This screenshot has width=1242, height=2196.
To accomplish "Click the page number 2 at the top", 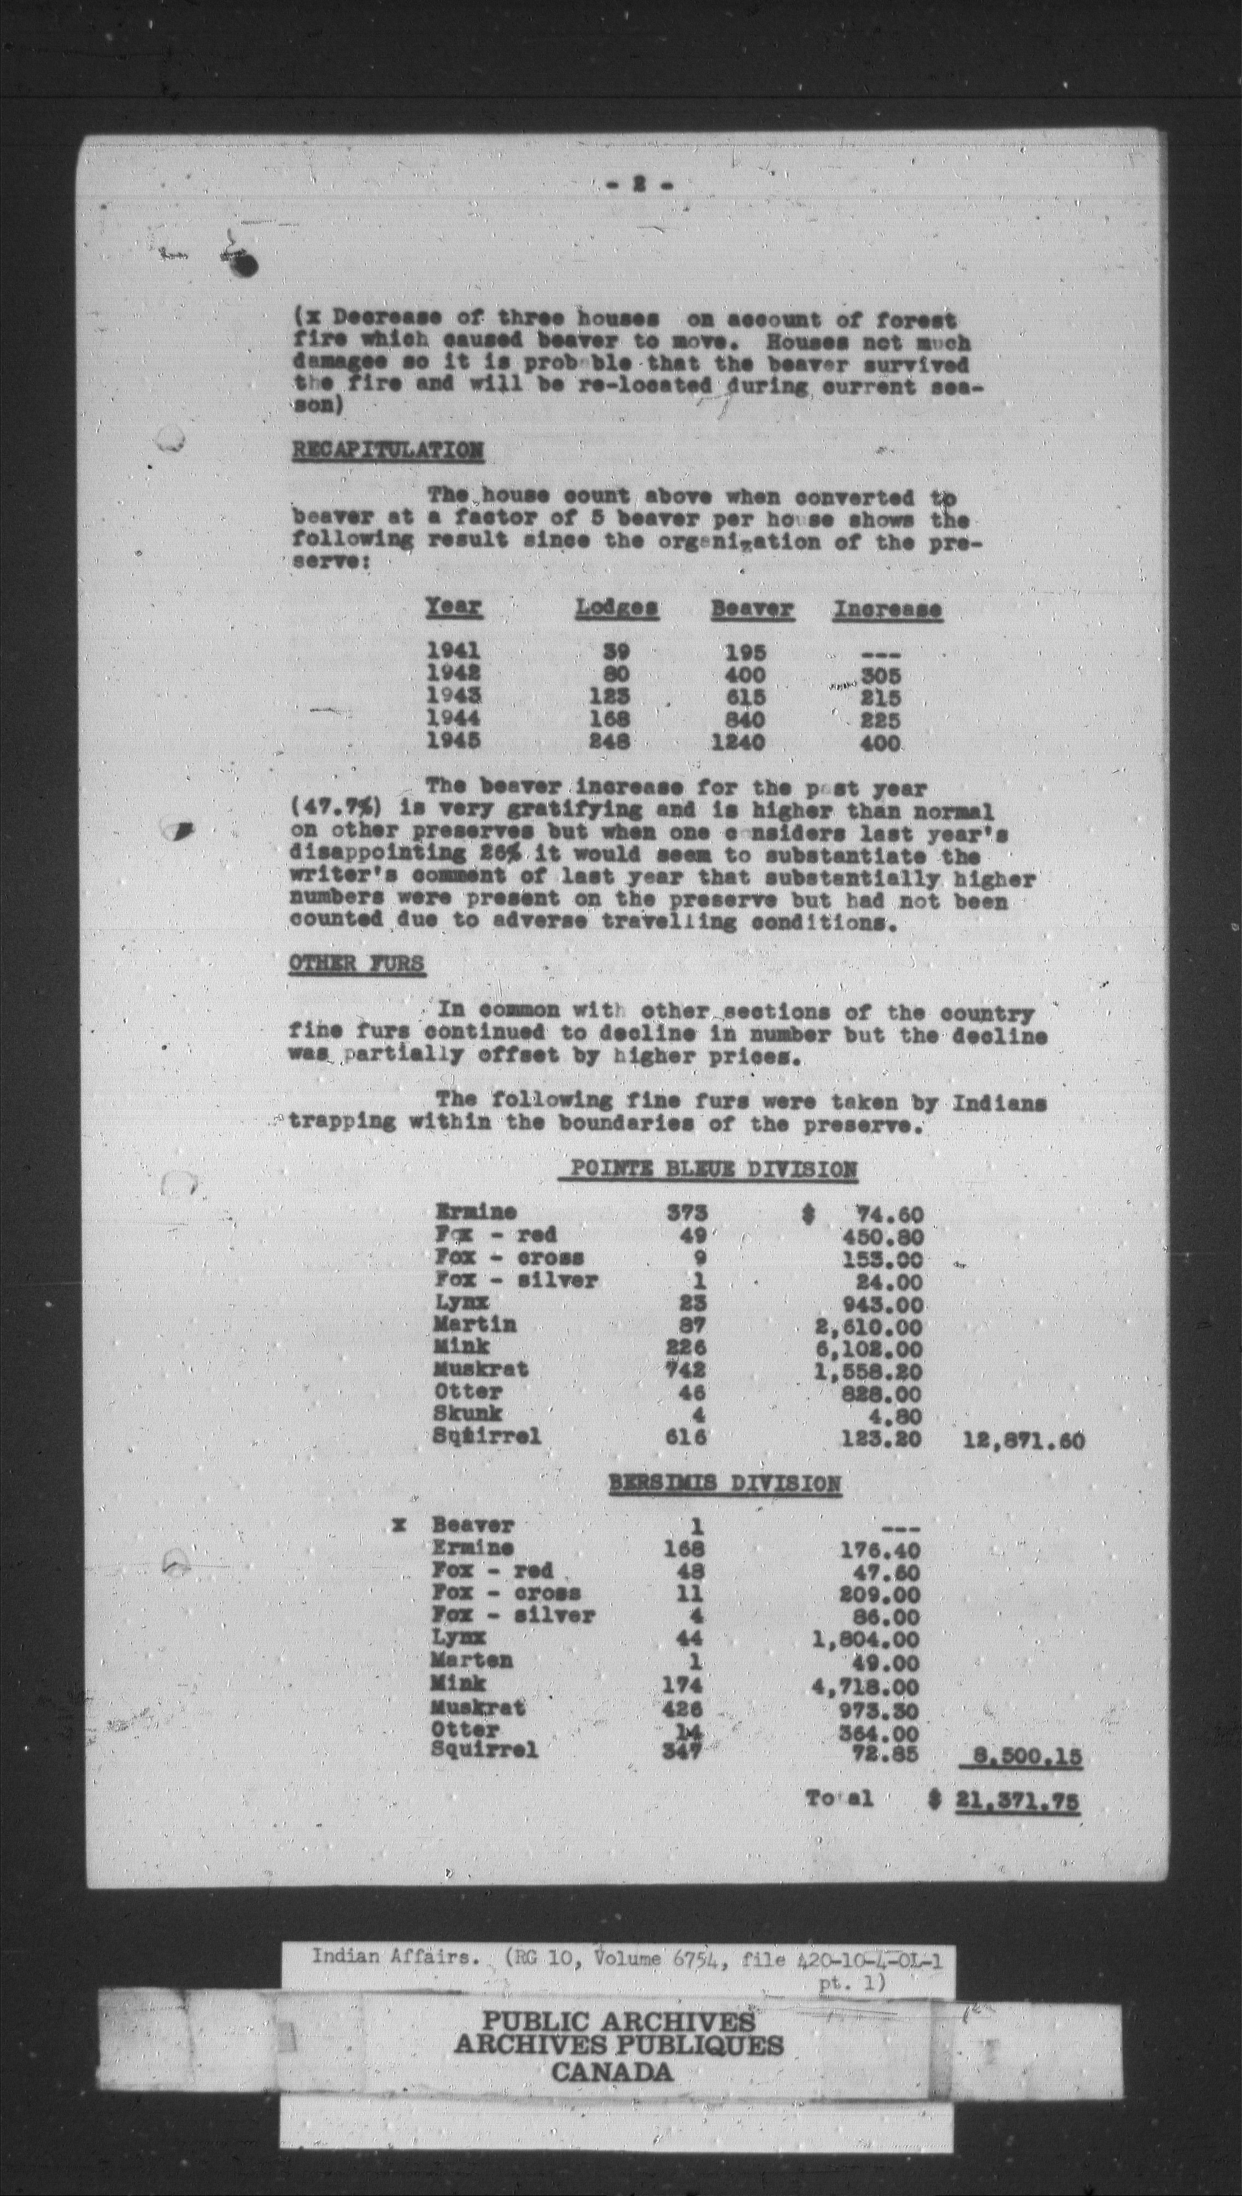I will point(638,183).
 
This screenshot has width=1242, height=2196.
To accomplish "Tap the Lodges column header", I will point(616,608).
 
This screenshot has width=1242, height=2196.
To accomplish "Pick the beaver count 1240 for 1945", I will point(739,742).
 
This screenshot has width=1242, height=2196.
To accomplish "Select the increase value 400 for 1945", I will point(880,743).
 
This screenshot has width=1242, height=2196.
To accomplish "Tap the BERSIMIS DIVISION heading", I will point(724,1485).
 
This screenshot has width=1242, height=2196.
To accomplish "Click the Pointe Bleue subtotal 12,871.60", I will point(1023,1442).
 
